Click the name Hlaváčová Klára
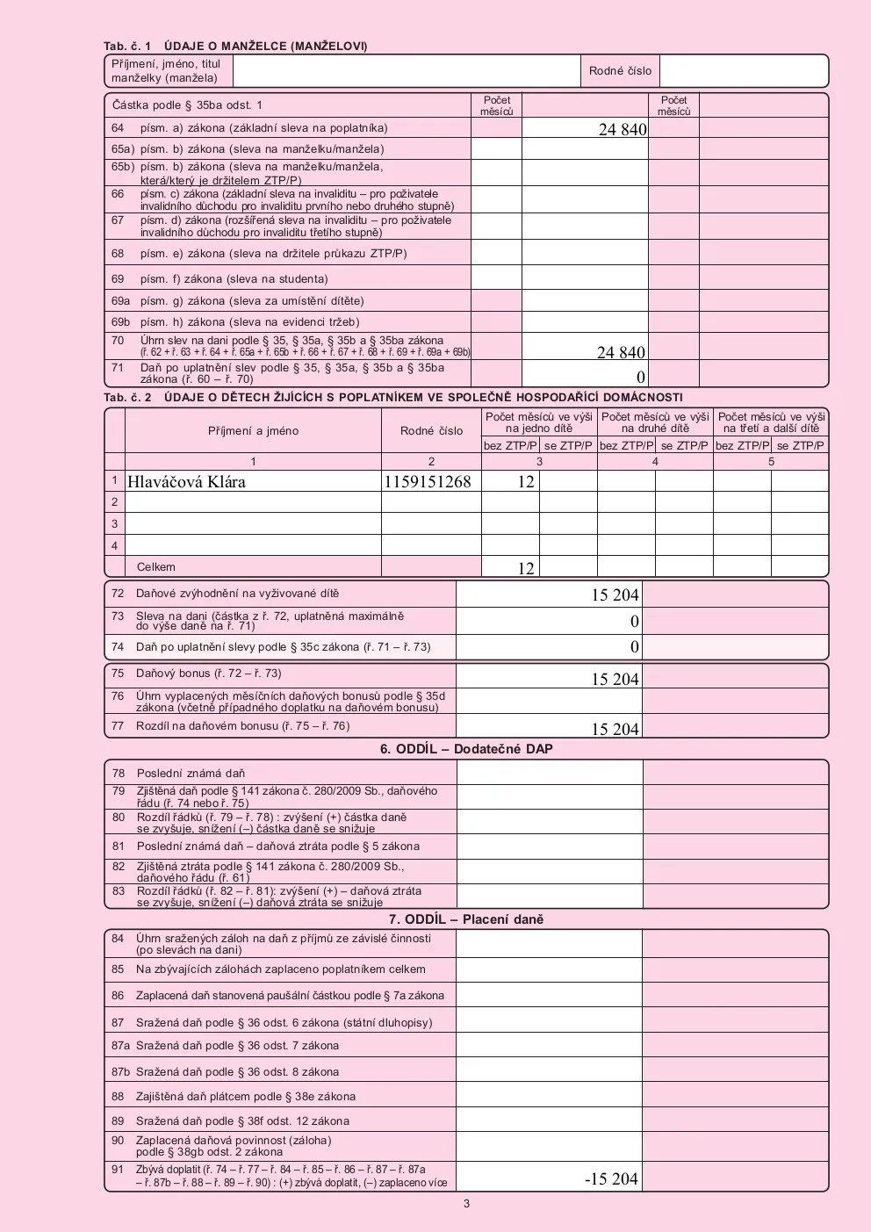[186, 482]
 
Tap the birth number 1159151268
[428, 482]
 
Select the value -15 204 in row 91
[611, 1179]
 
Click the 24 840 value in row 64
[623, 130]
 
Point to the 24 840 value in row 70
[621, 353]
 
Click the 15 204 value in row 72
[615, 595]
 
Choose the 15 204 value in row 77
[615, 729]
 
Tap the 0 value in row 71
[641, 378]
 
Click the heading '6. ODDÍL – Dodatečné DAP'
[466, 749]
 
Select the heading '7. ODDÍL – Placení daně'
[466, 919]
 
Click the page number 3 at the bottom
[466, 1204]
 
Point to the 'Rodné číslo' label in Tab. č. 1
[620, 71]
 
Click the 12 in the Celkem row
[526, 568]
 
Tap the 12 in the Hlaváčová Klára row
[526, 482]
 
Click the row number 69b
[120, 322]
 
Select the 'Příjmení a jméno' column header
[253, 431]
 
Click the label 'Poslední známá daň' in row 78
[191, 774]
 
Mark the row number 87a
[120, 1046]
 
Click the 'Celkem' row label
[156, 567]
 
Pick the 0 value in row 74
[635, 647]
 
